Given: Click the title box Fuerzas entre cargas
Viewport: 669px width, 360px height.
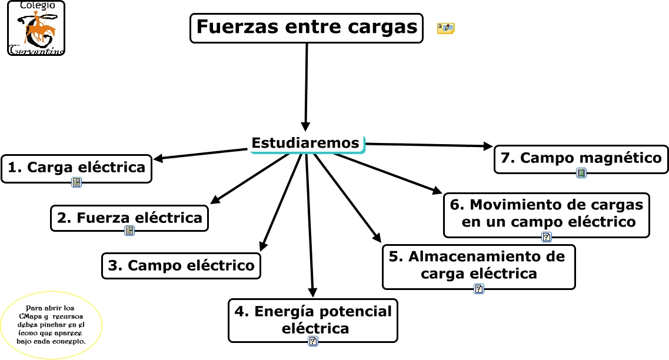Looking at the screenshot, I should click(x=306, y=28).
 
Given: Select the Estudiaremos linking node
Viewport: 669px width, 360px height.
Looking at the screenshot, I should click(x=306, y=143).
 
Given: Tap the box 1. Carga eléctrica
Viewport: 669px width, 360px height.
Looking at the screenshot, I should click(x=76, y=168).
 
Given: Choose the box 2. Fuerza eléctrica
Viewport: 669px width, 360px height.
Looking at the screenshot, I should click(x=129, y=218).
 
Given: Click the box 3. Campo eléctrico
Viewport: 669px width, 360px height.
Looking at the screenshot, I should click(x=181, y=265).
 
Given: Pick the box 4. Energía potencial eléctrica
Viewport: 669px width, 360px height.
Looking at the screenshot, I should click(x=312, y=319).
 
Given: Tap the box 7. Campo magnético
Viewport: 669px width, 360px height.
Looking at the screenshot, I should click(x=581, y=158).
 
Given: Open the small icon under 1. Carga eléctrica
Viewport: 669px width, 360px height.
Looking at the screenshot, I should click(x=76, y=182).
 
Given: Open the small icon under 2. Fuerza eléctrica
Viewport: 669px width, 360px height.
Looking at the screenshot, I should click(x=129, y=231).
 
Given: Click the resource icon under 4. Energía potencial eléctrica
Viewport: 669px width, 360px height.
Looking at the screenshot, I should click(x=313, y=341).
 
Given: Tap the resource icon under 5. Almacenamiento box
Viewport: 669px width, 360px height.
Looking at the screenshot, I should click(x=479, y=289).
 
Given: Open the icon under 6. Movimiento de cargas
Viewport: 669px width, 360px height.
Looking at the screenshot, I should click(x=547, y=237).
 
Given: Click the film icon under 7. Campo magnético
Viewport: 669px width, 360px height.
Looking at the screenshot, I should click(x=581, y=173).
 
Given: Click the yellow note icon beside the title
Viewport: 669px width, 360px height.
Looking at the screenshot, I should click(x=445, y=28).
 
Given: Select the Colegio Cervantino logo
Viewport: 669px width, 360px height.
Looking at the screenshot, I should click(x=36, y=28).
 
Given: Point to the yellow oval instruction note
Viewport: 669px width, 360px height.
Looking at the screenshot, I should click(x=52, y=325).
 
